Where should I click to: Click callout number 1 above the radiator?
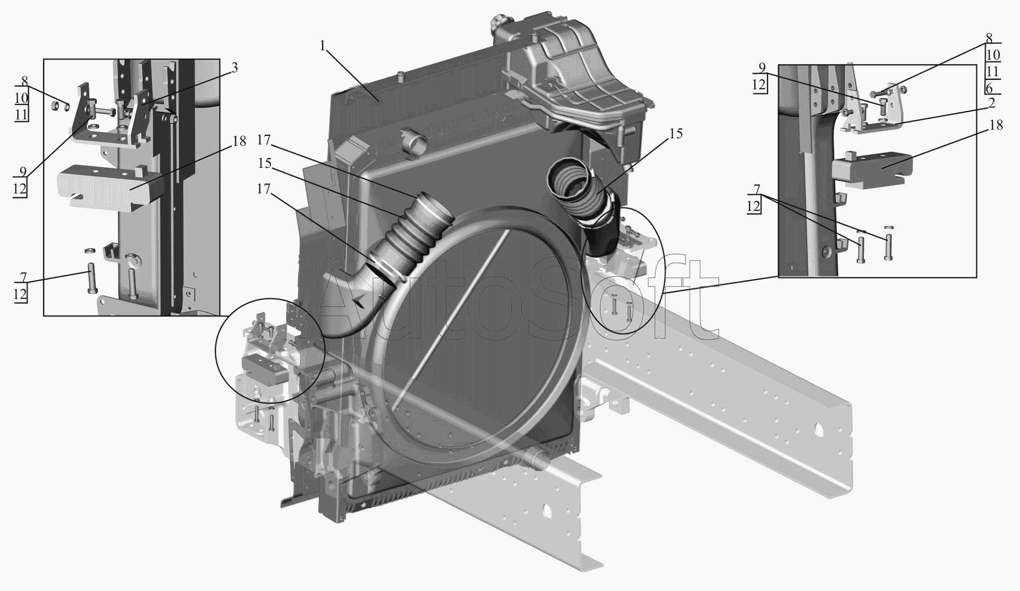(322, 45)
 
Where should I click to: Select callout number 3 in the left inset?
(234, 68)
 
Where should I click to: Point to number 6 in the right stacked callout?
(989, 87)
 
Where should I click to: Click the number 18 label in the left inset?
(239, 141)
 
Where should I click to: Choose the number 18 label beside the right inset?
(996, 125)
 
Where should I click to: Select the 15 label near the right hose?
(676, 133)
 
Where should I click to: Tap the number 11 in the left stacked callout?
(21, 115)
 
